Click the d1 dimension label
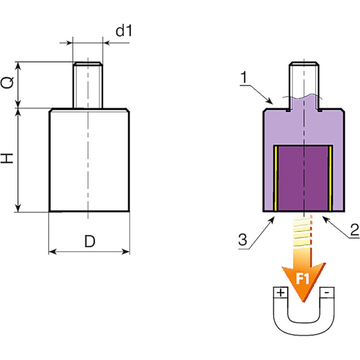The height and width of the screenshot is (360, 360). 123,31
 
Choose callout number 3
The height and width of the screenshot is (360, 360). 241,240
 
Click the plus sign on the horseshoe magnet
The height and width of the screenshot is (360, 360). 280,293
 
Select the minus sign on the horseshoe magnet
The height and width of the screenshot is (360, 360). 326,293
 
